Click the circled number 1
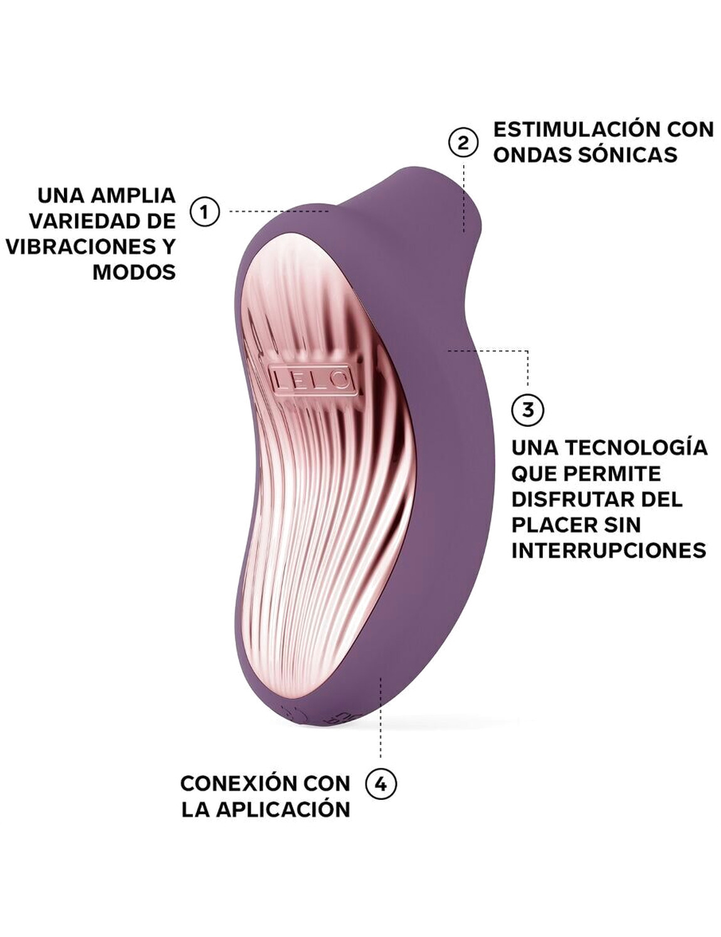204,212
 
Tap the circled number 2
463,143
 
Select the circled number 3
528,409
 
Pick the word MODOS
134,272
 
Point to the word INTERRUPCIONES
609,550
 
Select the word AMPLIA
133,195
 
